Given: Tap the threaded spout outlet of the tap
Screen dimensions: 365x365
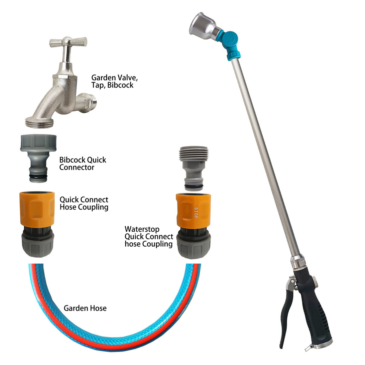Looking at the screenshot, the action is tap(39, 122).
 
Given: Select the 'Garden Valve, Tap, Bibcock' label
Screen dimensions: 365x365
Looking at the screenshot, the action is tap(114, 81).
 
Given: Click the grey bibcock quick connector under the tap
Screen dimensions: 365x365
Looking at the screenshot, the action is tap(38, 158).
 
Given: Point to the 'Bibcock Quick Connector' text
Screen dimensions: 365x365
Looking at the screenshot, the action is tap(83, 164).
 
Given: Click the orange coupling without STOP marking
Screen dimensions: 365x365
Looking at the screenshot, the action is tap(37, 208).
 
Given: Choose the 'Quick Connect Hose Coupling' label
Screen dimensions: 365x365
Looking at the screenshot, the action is tap(84, 203).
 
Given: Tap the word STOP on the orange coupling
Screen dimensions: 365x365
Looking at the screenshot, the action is tap(196, 213).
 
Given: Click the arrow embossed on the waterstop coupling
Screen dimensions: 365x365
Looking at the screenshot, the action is tap(187, 210).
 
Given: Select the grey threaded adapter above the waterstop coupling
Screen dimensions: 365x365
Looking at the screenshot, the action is tap(194, 169).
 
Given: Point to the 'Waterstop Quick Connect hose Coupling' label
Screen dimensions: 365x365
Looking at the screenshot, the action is tap(149, 236).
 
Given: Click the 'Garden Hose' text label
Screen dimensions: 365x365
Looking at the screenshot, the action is tap(85, 308).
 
